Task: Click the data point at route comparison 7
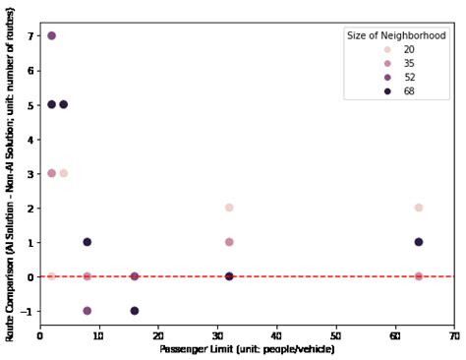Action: (x=52, y=35)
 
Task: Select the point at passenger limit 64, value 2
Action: (x=419, y=208)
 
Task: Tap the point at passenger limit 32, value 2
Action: (x=229, y=208)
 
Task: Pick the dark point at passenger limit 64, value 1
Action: (x=419, y=242)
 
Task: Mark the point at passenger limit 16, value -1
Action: (x=135, y=311)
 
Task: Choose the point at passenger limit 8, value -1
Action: (x=87, y=311)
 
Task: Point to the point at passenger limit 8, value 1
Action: (x=87, y=242)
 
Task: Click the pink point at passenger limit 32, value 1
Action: (x=229, y=242)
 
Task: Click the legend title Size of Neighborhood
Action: (x=396, y=35)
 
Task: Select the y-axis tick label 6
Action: (x=32, y=70)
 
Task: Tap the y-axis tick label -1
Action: (x=29, y=311)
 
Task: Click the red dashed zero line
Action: (x=295, y=276)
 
